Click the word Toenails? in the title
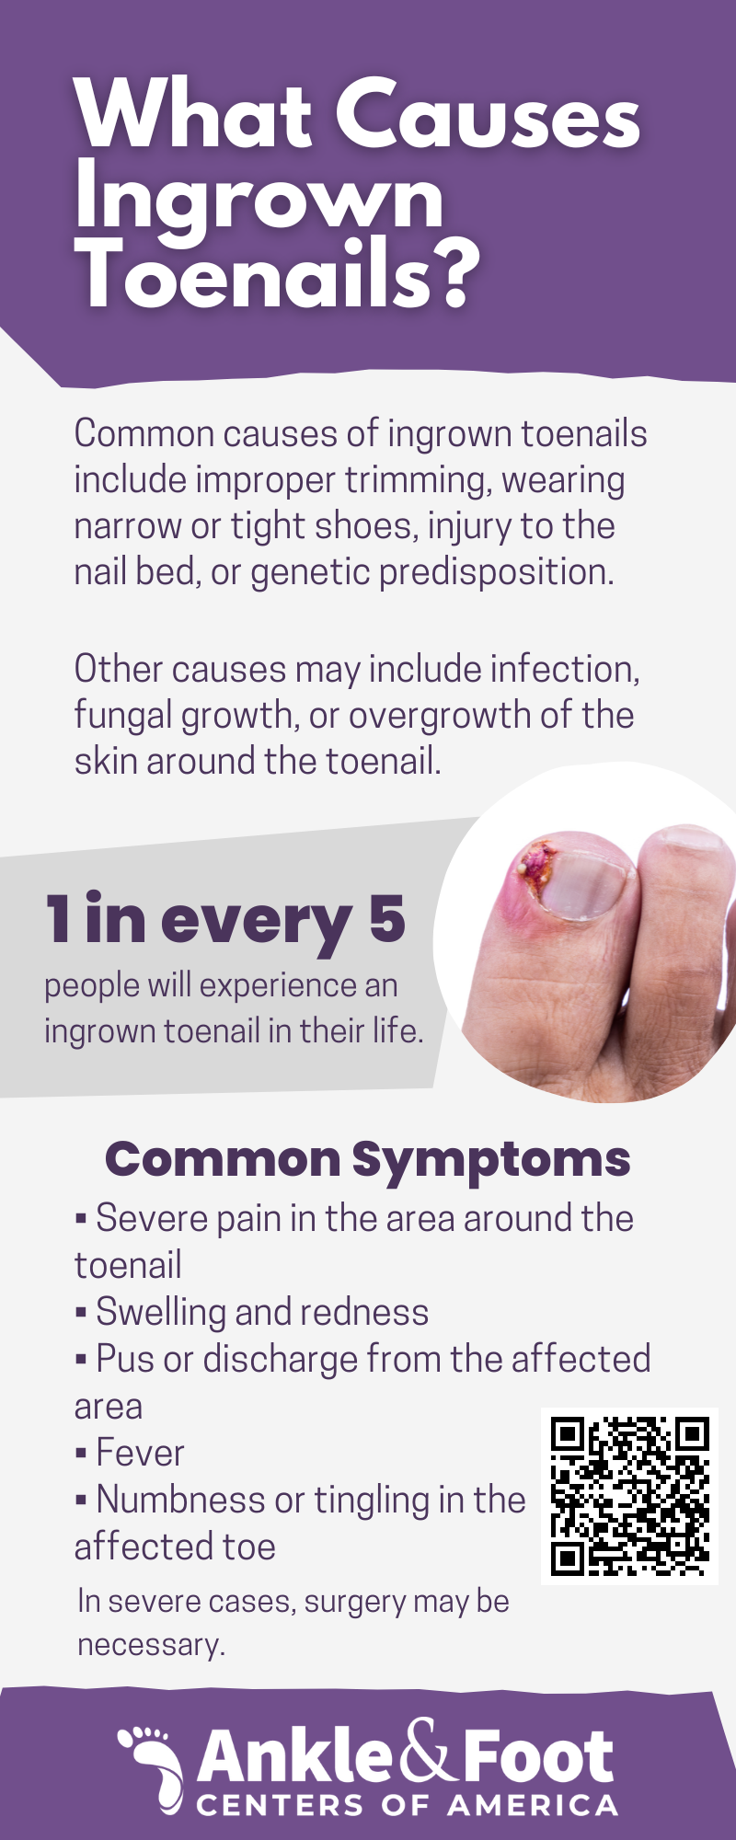point(278,273)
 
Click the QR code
point(630,1496)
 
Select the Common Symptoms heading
point(368,1159)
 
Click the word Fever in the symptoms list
point(141,1453)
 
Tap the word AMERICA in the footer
point(533,1805)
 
